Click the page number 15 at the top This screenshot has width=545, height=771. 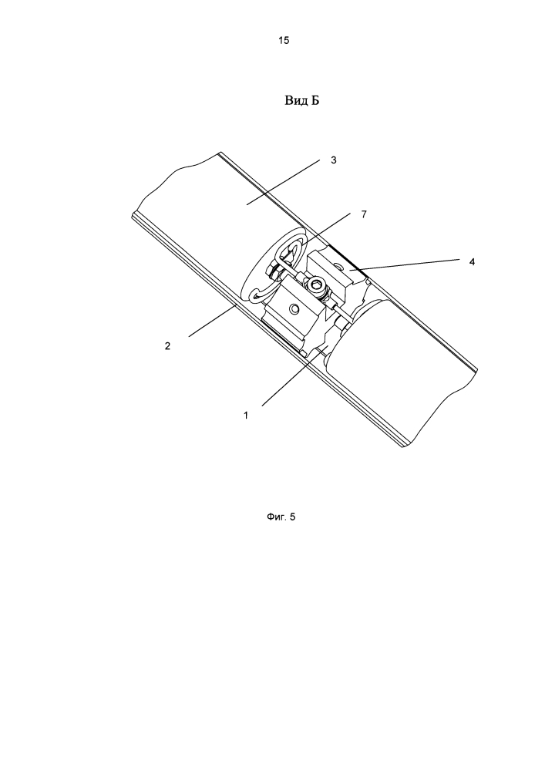pos(284,40)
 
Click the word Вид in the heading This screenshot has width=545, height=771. pos(296,101)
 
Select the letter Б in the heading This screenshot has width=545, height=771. pos(315,101)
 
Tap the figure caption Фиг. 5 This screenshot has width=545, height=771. pos(281,517)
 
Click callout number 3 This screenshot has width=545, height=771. pos(334,160)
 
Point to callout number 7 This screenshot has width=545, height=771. pos(364,214)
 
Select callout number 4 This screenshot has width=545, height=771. pos(472,261)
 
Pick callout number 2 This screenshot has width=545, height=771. pos(167,345)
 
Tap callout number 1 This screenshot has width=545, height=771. pos(246,415)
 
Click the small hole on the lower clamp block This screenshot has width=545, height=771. pos(294,309)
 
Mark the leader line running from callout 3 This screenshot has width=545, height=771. pos(283,182)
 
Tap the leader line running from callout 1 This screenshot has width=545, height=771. pos(293,377)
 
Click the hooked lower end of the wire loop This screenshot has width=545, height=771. pos(255,297)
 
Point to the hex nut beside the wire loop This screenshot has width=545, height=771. pos(273,268)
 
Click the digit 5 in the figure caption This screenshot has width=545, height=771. pos(293,517)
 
